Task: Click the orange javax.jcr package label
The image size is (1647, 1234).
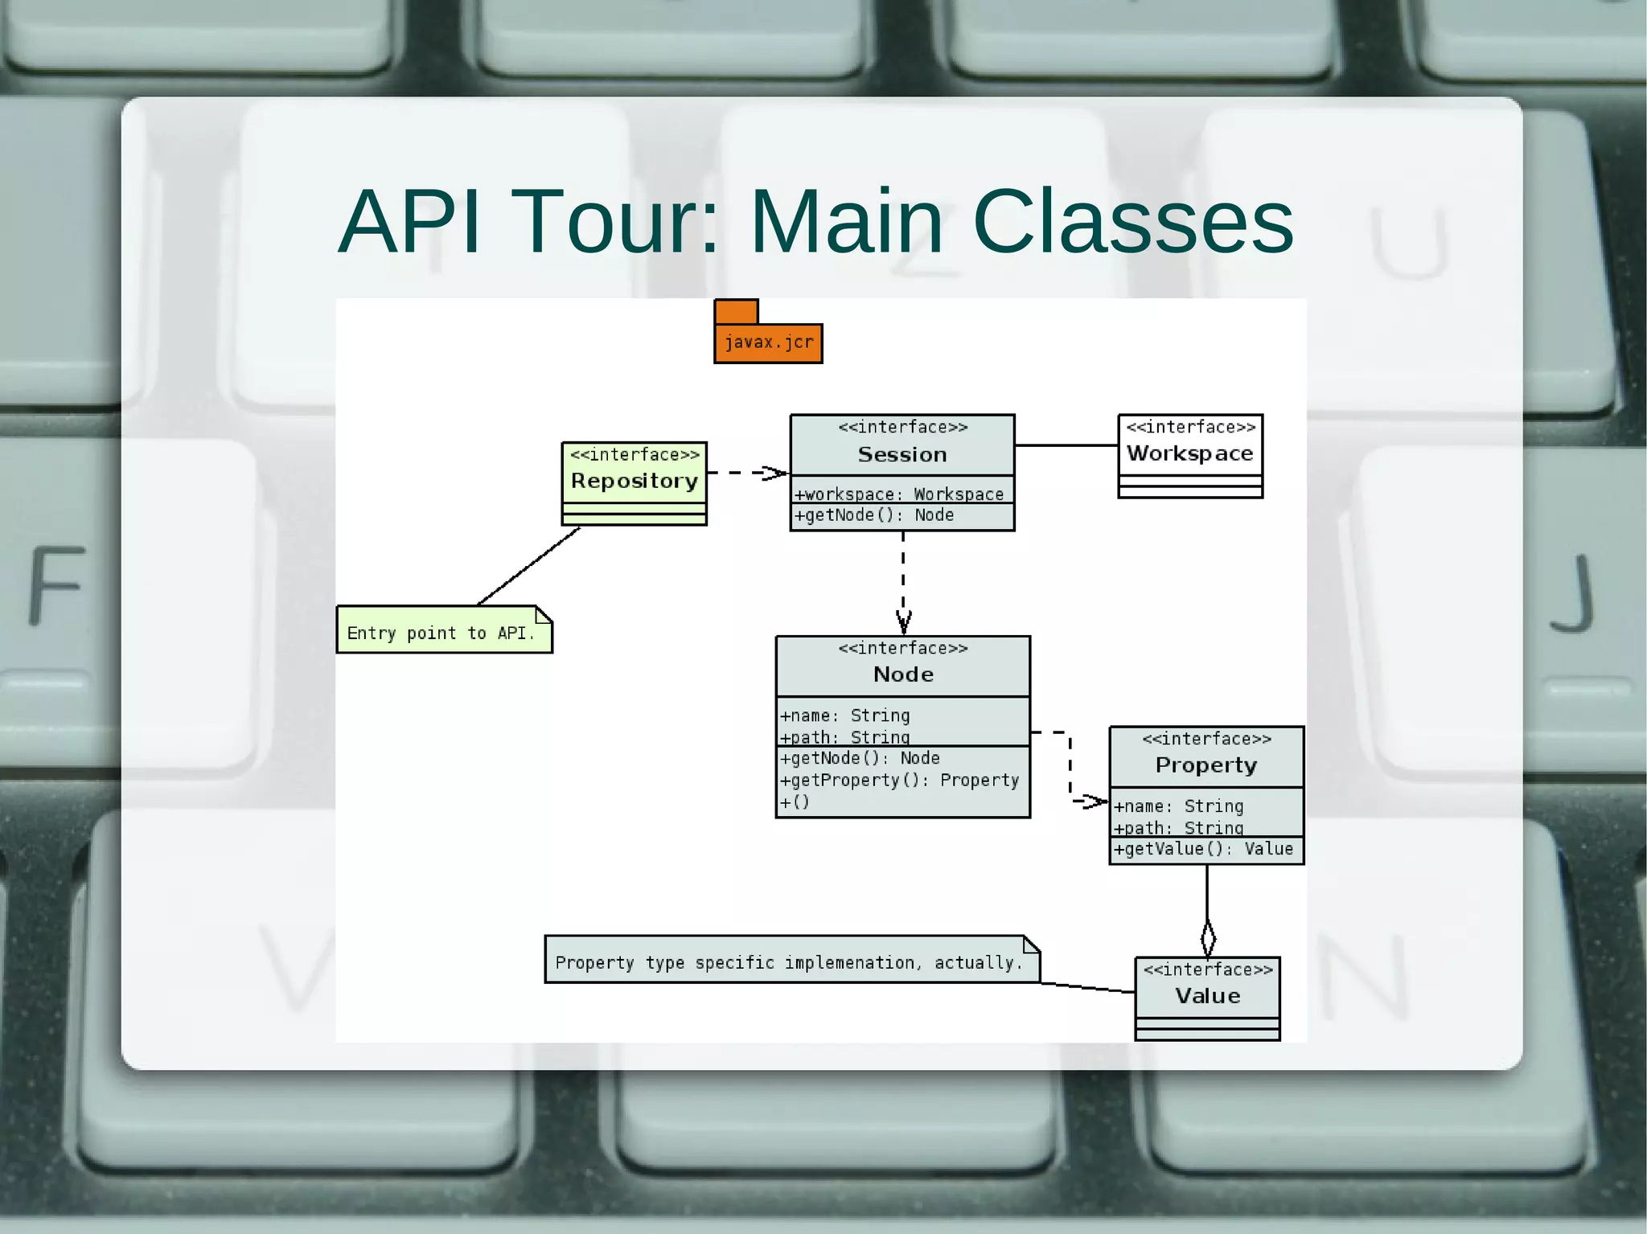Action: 768,342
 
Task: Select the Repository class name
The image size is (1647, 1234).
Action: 634,481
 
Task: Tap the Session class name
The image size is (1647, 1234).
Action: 902,454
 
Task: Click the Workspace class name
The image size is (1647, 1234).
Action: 1189,453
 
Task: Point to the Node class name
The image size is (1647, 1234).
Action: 903,674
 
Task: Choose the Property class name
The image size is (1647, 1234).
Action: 1205,765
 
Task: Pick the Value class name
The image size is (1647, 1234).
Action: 1207,995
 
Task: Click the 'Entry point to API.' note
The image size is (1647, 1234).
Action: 441,633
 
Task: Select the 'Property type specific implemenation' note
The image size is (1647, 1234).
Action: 788,962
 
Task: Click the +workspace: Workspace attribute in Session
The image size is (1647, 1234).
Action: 899,494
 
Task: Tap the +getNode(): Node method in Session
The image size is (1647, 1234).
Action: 873,515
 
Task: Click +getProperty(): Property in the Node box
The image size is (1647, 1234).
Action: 899,780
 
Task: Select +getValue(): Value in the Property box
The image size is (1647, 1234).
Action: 1203,849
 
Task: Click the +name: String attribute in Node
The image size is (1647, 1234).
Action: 844,715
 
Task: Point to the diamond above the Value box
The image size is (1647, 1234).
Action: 1208,938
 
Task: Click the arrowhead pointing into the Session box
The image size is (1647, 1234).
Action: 777,473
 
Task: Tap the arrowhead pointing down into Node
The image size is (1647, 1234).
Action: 903,623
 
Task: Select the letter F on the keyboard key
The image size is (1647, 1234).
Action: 57,584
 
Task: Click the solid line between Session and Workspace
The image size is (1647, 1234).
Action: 1066,445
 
